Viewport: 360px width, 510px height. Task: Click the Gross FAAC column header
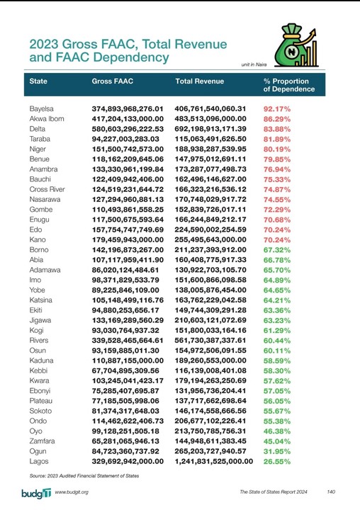point(113,81)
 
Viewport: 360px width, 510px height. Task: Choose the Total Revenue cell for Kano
point(210,240)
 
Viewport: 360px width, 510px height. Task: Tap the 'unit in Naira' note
point(257,65)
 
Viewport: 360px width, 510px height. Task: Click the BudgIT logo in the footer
point(35,492)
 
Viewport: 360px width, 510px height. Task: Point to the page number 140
point(331,492)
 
